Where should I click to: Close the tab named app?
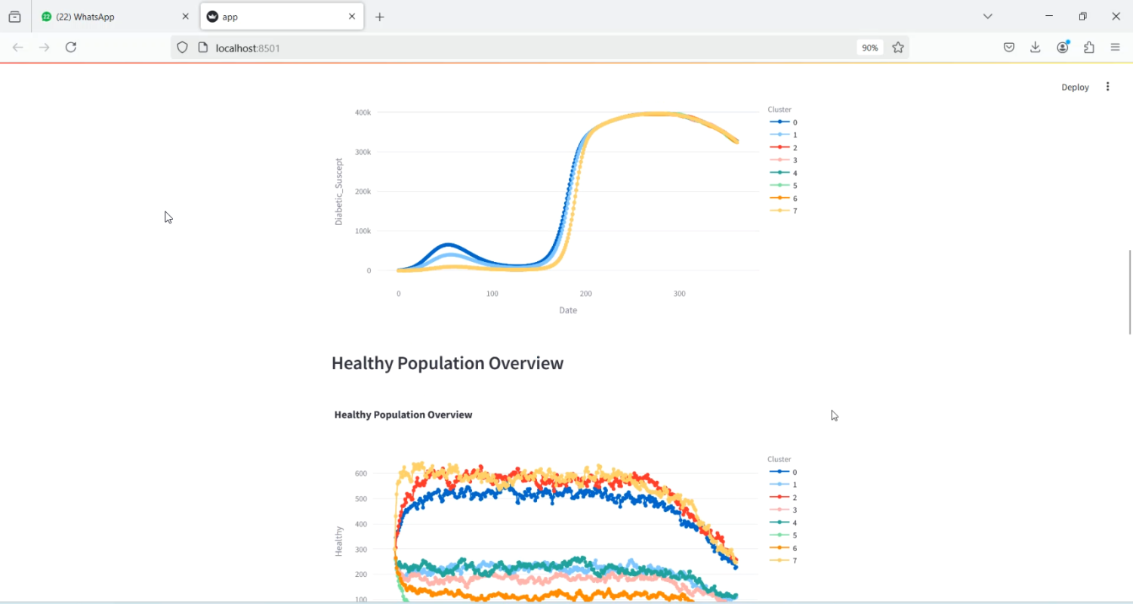coord(352,17)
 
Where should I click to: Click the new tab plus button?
coord(380,17)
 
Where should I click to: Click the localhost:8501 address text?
coord(248,48)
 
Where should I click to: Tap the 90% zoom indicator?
coord(869,48)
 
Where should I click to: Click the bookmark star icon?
coord(898,48)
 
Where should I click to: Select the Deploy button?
coord(1075,87)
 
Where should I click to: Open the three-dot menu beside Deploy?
coord(1108,87)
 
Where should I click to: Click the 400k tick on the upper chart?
coord(363,112)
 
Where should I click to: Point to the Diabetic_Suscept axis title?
coord(339,192)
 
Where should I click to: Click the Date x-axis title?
coord(568,310)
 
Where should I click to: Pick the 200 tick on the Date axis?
coord(586,294)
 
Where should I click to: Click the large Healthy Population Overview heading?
coord(447,363)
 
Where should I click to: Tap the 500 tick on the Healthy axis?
coord(361,499)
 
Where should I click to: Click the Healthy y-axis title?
coord(339,541)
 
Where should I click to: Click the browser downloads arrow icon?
coord(1036,48)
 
